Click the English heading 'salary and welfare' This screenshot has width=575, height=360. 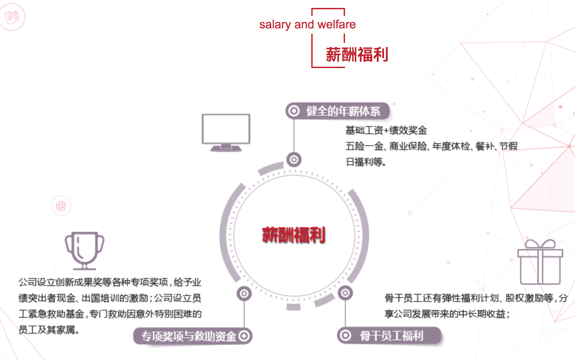pyautogui.click(x=307, y=24)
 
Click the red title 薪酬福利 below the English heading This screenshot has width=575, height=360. pyautogui.click(x=357, y=54)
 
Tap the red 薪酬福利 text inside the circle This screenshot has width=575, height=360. pyautogui.click(x=294, y=235)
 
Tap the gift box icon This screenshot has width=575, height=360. pyautogui.click(x=540, y=262)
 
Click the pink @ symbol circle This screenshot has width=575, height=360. pyautogui.click(x=61, y=206)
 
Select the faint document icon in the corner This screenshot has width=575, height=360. pyautogui.click(x=12, y=17)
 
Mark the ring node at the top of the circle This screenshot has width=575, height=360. pyautogui.click(x=294, y=160)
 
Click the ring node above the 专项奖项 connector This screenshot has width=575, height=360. pyautogui.click(x=244, y=294)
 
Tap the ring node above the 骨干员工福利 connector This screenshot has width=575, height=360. pyautogui.click(x=345, y=293)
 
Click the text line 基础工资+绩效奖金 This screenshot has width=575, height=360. pyautogui.click(x=386, y=130)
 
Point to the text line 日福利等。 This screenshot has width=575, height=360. pyautogui.click(x=366, y=162)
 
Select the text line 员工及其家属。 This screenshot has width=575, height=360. pyautogui.click(x=49, y=330)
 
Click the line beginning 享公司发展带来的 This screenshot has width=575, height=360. pyautogui.click(x=447, y=314)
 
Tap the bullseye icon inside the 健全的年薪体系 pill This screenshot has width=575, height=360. pyautogui.click(x=293, y=111)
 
